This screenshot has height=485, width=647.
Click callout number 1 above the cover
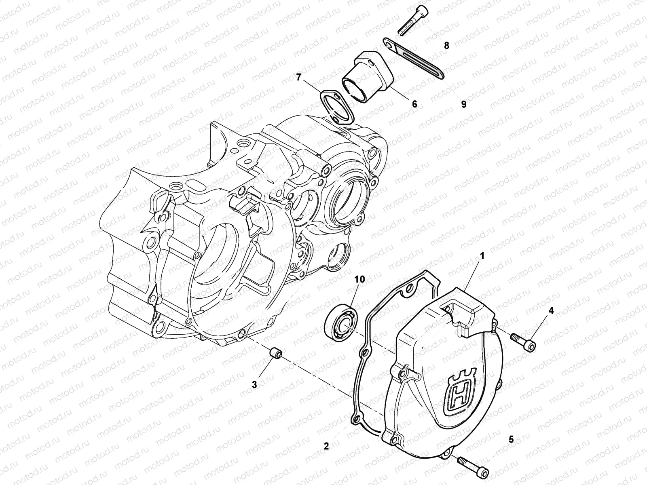482,256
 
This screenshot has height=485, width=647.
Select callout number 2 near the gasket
326,446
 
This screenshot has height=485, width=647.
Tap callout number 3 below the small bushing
254,385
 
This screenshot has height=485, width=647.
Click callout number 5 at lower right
511,440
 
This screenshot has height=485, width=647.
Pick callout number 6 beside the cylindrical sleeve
414,104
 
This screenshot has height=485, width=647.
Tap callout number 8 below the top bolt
446,46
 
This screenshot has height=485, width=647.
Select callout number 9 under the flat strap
463,104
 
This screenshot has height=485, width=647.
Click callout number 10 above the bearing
359,279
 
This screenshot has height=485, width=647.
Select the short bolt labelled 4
522,341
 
